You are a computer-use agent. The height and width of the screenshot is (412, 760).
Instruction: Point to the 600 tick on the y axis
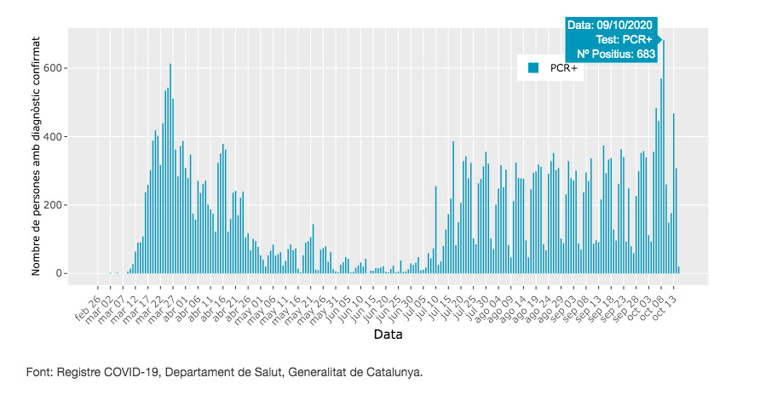pyautogui.click(x=54, y=68)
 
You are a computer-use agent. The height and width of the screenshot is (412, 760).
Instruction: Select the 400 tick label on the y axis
pyautogui.click(x=54, y=137)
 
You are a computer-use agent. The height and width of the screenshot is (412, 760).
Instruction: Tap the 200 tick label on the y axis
pyautogui.click(x=54, y=205)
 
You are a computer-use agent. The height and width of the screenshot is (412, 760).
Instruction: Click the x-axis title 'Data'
pyautogui.click(x=388, y=335)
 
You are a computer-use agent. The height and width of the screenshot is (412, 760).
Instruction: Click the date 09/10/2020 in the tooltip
pyautogui.click(x=611, y=26)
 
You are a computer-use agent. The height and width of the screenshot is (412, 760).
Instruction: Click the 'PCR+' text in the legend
pyautogui.click(x=564, y=67)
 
